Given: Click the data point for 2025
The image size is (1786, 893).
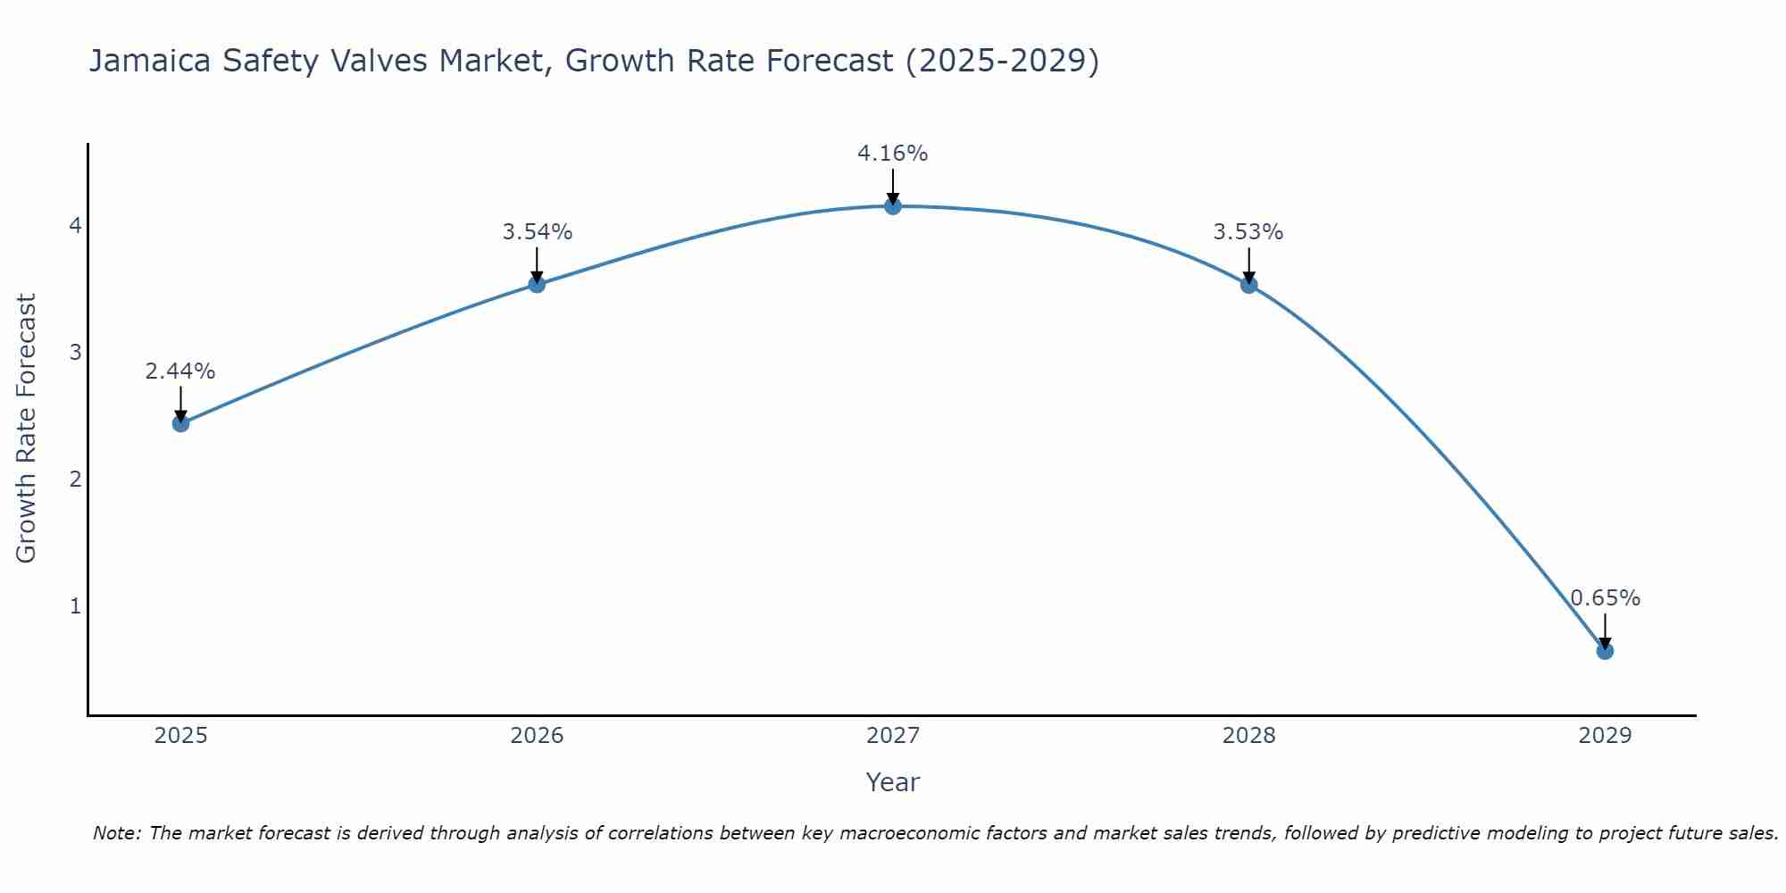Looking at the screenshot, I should (x=180, y=423).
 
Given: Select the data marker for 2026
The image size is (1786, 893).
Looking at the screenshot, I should (x=537, y=284).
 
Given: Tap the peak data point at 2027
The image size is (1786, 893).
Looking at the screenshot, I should (x=892, y=206).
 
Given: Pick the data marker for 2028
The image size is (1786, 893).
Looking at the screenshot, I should (x=1248, y=285).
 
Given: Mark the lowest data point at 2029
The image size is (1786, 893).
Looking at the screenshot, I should (x=1605, y=651).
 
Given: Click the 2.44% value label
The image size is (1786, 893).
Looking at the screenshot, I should (x=180, y=371).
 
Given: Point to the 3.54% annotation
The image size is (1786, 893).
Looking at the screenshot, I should (x=537, y=232).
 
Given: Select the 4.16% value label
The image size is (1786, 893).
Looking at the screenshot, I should (x=892, y=154).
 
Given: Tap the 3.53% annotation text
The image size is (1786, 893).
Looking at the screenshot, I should (x=1248, y=232).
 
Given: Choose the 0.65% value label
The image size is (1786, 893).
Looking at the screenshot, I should (x=1605, y=598).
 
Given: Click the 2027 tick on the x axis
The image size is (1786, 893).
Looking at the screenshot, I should (x=892, y=736).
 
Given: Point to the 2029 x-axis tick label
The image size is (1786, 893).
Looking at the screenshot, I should (x=1605, y=736).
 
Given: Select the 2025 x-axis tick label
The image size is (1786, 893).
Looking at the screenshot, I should (x=180, y=736).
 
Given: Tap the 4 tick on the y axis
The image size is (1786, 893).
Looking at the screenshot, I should (x=75, y=225).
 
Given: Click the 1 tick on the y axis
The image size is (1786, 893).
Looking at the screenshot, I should (x=75, y=606).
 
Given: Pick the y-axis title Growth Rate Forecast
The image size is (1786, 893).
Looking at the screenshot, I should (x=27, y=429).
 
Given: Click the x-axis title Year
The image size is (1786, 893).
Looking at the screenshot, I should (x=892, y=782).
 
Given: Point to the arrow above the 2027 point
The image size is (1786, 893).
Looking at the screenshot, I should (x=892, y=186).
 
